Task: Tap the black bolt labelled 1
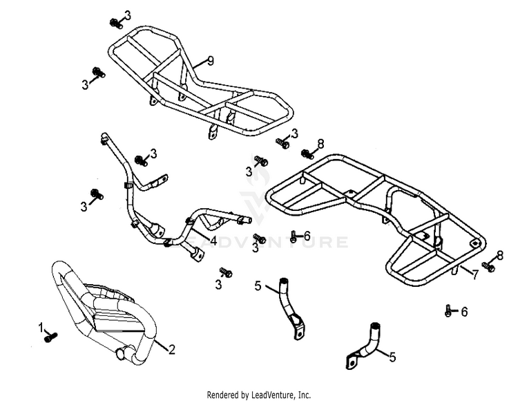(50, 337)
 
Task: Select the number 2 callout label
(171, 349)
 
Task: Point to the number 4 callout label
(213, 241)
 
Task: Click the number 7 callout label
(474, 274)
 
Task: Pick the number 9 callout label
(210, 61)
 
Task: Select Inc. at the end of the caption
(305, 395)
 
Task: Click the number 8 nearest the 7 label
(499, 256)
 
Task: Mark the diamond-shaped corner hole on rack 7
(474, 243)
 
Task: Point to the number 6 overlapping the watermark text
(307, 236)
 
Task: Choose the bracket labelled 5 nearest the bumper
(291, 309)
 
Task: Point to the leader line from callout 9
(200, 63)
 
